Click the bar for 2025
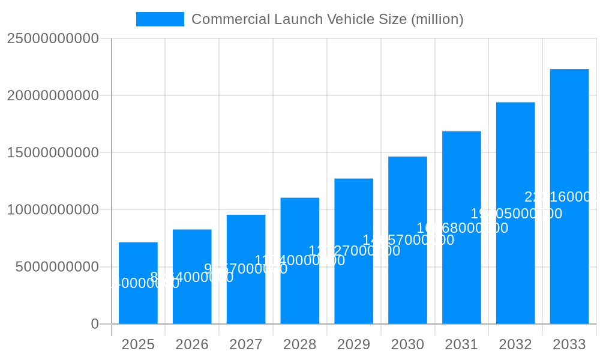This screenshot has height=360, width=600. pos(138,283)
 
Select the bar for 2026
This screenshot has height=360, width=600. pos(192,277)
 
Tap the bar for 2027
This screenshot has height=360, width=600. pos(246,269)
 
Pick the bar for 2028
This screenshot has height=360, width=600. pos(300,261)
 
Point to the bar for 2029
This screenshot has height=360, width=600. pos(353,251)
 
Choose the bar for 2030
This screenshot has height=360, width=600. pos(407,240)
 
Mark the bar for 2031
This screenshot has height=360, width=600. pos(461,227)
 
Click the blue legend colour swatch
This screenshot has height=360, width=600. pos(160,19)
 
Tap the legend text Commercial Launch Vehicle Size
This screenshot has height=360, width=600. pos(327,19)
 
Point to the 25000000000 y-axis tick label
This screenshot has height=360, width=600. pos(53,38)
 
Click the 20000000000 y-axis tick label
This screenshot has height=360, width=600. pos(53,95)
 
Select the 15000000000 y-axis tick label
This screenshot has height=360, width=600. pos(53,152)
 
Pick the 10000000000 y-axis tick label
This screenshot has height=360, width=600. pos(53,210)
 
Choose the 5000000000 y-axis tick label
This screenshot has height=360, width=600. pos(57,267)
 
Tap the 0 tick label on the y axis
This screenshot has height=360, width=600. pos(95,324)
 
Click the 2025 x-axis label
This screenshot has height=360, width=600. pos(138,344)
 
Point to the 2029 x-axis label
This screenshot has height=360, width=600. pos(353,344)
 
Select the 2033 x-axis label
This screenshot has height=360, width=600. pos(569,344)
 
